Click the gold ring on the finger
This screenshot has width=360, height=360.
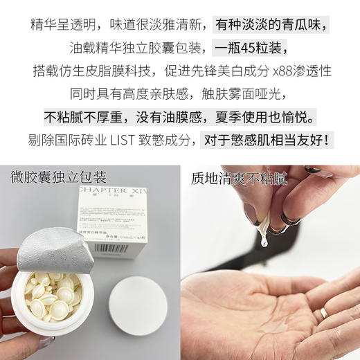[x=324, y=312]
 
